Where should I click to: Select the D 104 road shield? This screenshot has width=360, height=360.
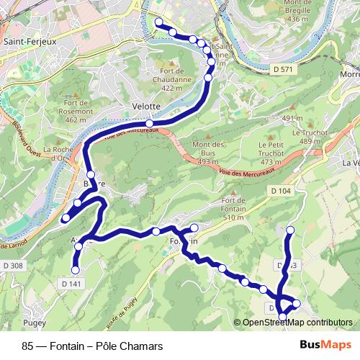pyautogui.click(x=282, y=190)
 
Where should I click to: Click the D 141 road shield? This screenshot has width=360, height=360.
pyautogui.click(x=71, y=284)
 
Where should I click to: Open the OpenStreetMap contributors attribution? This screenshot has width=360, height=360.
pyautogui.click(x=297, y=322)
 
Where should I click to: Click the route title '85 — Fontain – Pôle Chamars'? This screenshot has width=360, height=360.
pyautogui.click(x=91, y=346)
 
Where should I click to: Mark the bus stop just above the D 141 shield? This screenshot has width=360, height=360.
pyautogui.click(x=75, y=270)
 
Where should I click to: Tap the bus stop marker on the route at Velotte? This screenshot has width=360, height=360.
pyautogui.click(x=149, y=124)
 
